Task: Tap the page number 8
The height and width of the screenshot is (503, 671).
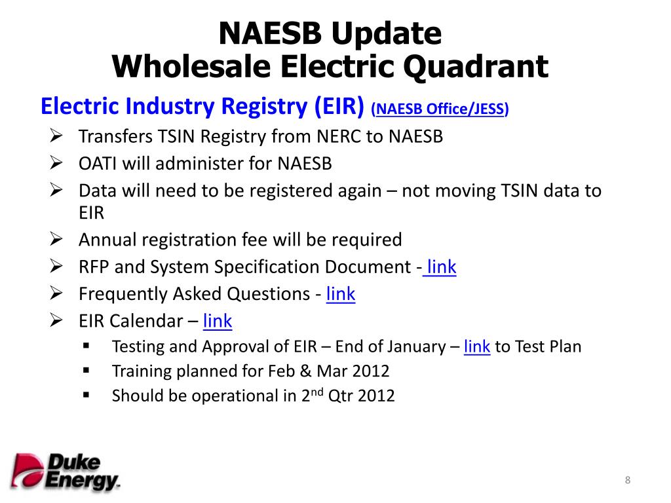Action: click(627, 481)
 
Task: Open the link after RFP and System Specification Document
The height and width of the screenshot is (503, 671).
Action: click(442, 267)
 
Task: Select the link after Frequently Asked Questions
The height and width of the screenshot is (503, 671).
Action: click(340, 294)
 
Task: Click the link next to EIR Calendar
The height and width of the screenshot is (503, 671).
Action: click(218, 321)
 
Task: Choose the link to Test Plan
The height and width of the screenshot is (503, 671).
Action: click(476, 346)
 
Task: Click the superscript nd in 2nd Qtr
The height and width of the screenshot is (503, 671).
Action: click(316, 392)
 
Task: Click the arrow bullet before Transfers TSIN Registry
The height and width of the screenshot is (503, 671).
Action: click(56, 136)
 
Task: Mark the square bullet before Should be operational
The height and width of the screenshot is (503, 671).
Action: click(86, 396)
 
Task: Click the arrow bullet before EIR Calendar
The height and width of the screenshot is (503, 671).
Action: click(56, 321)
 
